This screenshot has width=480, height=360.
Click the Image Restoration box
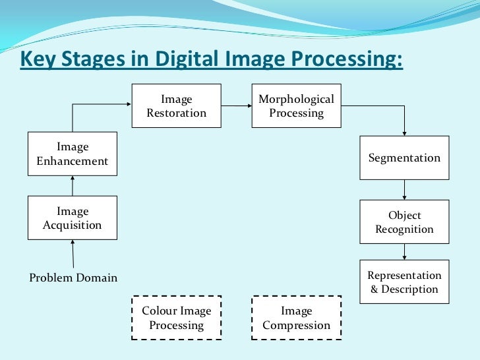click(176, 106)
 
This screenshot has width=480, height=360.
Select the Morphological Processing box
click(296, 106)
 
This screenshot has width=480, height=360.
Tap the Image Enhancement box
click(73, 154)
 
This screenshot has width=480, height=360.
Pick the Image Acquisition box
click(73, 218)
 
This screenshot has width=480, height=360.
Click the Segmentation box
click(404, 158)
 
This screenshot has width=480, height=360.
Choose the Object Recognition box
click(404, 222)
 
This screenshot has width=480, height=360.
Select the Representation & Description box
click(404, 282)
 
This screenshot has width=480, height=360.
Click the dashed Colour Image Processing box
click(176, 318)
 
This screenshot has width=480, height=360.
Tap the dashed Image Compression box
click(296, 318)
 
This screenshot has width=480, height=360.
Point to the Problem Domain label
click(73, 278)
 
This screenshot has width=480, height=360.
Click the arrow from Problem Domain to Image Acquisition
click(73, 255)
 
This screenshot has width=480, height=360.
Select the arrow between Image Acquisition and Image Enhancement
click(73, 186)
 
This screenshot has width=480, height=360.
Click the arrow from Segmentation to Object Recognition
click(404, 190)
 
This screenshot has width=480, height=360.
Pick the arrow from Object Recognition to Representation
click(404, 252)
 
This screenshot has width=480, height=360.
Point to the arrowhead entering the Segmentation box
click(404, 132)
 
